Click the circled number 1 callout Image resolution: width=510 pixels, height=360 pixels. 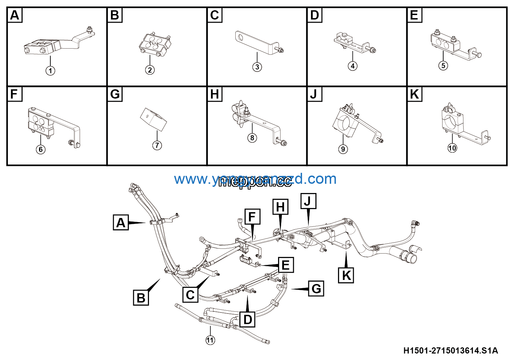50,71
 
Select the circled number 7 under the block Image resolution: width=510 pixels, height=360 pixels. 157,145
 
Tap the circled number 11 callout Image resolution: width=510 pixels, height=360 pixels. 210,340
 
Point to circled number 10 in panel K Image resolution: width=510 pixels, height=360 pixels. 452,148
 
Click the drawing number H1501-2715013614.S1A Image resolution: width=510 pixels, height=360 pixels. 450,351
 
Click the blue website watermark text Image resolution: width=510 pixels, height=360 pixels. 255,179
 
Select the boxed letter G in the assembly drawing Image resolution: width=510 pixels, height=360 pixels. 316,288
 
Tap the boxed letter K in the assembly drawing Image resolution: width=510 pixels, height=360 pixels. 346,275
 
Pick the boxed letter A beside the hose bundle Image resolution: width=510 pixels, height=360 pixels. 121,222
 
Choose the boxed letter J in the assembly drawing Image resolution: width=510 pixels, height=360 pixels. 308,201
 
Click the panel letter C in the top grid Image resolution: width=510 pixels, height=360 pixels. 215,15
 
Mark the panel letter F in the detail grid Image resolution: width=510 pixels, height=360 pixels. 14,94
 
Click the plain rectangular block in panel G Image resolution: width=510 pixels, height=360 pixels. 153,119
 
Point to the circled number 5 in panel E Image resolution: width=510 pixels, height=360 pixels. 443,66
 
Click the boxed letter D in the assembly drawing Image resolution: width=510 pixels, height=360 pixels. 247,320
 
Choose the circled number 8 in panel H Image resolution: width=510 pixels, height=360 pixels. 252,138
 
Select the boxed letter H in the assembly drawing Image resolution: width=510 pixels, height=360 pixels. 280,207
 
